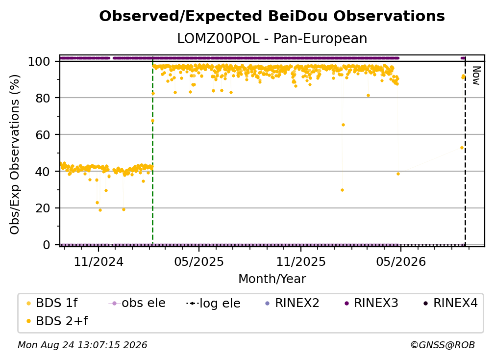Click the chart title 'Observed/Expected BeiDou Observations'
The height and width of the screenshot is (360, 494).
(x=272, y=16)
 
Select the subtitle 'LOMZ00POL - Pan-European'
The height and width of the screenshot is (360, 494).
(x=272, y=38)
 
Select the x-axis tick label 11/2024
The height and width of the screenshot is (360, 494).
(x=99, y=261)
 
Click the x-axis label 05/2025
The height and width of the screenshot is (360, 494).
(x=199, y=261)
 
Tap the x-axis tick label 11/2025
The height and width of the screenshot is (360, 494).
(x=301, y=261)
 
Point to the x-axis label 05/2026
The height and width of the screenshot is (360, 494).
(x=401, y=261)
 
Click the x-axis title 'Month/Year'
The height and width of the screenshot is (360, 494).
(x=272, y=279)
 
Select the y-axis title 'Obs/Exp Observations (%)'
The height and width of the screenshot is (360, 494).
(x=15, y=154)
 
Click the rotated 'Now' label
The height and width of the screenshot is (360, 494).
(x=476, y=76)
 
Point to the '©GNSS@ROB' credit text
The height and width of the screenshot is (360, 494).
(x=443, y=345)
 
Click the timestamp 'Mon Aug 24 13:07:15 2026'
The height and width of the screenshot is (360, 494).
(x=82, y=345)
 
